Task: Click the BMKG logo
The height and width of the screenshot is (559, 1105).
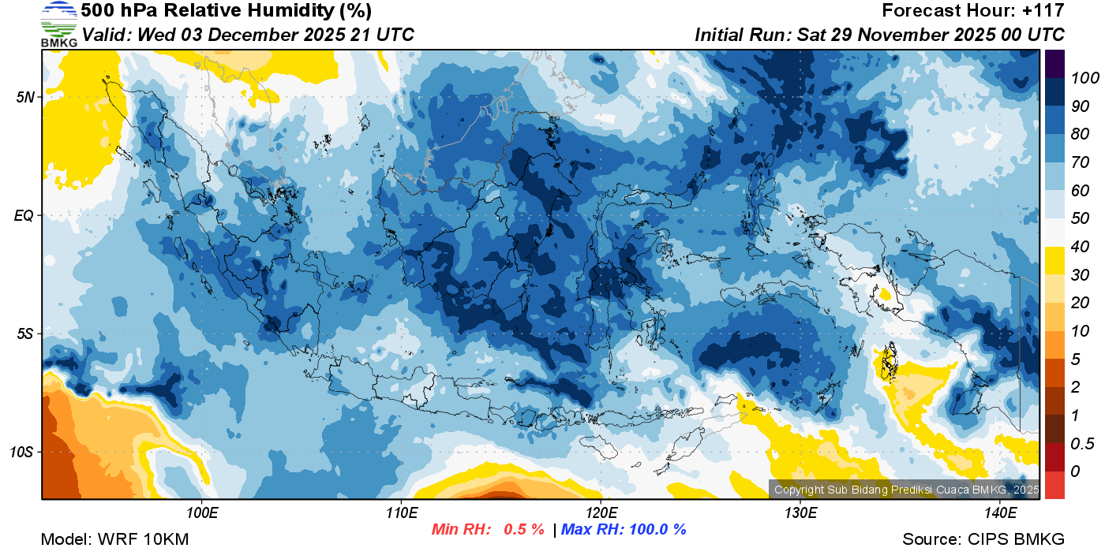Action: (x=59, y=24)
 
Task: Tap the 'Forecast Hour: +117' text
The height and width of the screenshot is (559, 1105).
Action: (x=973, y=11)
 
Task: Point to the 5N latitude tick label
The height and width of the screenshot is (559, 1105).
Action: (x=26, y=98)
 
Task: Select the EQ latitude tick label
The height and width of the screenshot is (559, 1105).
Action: (x=25, y=215)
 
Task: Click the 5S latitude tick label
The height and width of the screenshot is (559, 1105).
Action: (x=26, y=334)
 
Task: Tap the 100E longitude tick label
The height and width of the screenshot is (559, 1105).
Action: (x=202, y=513)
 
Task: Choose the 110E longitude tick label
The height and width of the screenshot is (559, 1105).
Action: (x=402, y=513)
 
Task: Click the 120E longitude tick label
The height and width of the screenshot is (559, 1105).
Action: (x=601, y=513)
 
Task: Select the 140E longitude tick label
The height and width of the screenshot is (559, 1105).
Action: (x=1000, y=513)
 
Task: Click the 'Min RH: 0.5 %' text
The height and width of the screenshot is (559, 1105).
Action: (x=488, y=529)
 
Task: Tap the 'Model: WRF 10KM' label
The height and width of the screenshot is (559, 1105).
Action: (x=114, y=539)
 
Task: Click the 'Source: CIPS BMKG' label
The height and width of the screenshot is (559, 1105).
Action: (x=983, y=539)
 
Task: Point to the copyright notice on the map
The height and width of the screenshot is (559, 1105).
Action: (x=906, y=490)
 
